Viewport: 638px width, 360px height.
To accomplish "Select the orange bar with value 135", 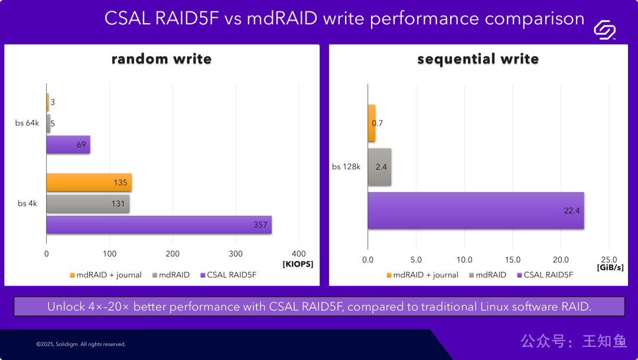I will pos(89,183).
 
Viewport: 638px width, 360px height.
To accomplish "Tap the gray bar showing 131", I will pos(87,204).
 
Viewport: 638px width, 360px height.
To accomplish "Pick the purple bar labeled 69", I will pos(68,145).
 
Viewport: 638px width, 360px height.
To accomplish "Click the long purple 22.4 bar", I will pos(476,210).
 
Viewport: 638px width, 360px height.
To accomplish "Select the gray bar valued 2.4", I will pos(379,167).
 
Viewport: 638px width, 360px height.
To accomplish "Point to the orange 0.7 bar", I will pos(372,123).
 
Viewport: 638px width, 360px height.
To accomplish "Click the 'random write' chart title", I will pos(161,59).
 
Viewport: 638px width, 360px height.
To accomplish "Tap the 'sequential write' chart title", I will pos(478,59).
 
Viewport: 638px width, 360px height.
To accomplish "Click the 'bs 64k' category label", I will pos(27,123).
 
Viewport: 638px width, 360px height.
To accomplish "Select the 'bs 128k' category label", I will pos(346,167).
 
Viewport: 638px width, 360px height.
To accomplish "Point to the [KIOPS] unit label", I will pos(298,264).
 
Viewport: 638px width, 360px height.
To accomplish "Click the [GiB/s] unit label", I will pos(610,267).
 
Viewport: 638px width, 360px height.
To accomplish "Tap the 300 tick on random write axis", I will pos(235,254).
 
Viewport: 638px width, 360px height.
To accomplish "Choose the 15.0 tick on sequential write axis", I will pos(512,260).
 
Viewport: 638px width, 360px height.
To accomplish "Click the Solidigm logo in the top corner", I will pos(604,29).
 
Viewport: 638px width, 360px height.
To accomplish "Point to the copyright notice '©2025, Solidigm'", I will pos(80,344).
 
